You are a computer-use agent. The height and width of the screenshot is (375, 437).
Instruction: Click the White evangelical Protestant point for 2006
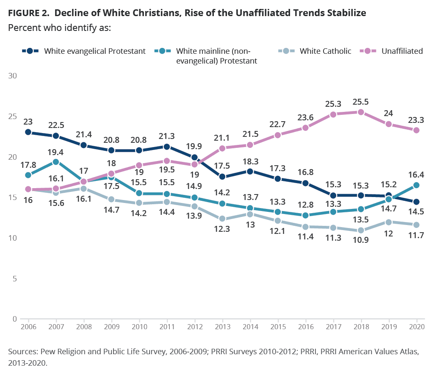28,132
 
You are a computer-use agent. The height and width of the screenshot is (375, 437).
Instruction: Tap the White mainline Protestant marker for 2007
56,162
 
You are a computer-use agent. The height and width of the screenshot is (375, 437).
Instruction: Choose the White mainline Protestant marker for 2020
416,185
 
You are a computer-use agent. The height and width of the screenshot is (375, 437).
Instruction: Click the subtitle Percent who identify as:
60,28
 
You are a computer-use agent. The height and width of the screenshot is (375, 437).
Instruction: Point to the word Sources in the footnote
22,353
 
